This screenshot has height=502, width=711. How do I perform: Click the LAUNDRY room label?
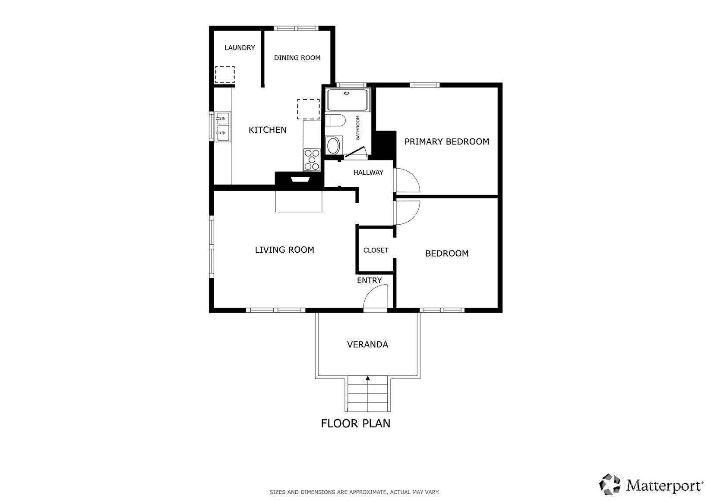pyautogui.click(x=240, y=47)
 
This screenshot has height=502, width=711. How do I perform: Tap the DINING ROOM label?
pyautogui.click(x=297, y=58)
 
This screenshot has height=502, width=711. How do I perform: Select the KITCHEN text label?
pyautogui.click(x=267, y=130)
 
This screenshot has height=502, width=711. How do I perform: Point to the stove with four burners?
pyautogui.click(x=312, y=160)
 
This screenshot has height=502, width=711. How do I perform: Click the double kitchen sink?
pyautogui.click(x=222, y=126)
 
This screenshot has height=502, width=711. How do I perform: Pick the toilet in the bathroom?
pyautogui.click(x=335, y=120)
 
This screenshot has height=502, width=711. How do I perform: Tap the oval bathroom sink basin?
pyautogui.click(x=333, y=146)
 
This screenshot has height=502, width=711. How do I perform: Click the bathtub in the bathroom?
pyautogui.click(x=348, y=100)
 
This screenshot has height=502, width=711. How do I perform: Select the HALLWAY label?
pyautogui.click(x=368, y=173)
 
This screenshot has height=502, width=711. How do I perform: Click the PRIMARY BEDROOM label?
pyautogui.click(x=447, y=141)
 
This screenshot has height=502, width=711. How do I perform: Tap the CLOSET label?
pyautogui.click(x=376, y=250)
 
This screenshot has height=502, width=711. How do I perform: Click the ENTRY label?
pyautogui.click(x=369, y=280)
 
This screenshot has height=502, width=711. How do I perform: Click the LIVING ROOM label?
pyautogui.click(x=284, y=250)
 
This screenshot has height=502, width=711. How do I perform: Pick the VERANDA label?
pyautogui.click(x=367, y=345)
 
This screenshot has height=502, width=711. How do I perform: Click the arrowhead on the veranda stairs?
pyautogui.click(x=367, y=378)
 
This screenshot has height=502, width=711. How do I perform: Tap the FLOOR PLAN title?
pyautogui.click(x=356, y=424)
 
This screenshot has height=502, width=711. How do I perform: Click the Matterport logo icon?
pyautogui.click(x=610, y=485)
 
